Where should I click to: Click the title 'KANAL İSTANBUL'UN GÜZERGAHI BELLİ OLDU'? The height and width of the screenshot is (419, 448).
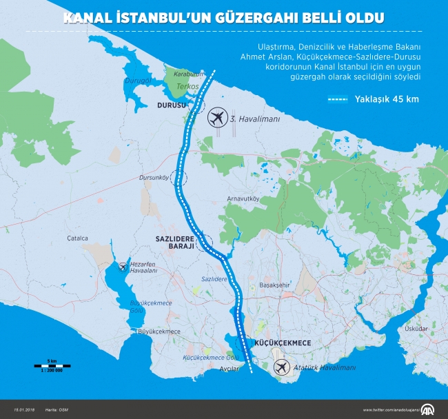point(223,17)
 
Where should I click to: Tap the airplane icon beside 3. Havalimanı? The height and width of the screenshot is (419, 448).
point(216,119)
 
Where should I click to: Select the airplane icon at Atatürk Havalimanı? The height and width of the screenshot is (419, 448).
point(281,368)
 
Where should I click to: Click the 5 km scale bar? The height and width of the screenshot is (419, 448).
point(52,366)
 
